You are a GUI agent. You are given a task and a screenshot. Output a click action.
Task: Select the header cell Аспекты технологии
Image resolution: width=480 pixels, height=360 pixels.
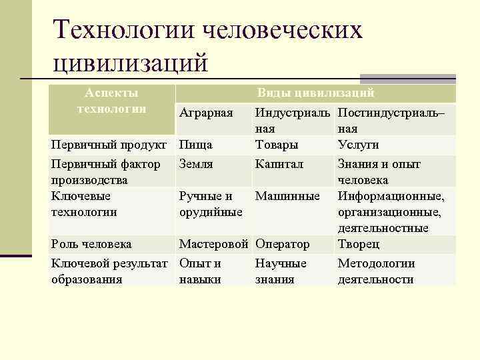(112, 101)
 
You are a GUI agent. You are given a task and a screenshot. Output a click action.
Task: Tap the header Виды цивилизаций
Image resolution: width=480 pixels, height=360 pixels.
(316, 93)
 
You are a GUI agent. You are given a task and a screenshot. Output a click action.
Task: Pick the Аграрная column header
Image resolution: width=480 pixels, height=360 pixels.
(206, 113)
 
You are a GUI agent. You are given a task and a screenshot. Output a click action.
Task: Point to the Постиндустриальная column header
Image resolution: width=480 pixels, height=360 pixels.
(391, 121)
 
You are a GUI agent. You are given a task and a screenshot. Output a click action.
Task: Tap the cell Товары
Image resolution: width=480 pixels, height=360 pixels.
(277, 145)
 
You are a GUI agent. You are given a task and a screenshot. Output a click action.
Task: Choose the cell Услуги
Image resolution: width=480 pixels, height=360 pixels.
(359, 145)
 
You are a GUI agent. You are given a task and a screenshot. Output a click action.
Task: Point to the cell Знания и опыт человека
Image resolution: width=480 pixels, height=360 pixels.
(379, 172)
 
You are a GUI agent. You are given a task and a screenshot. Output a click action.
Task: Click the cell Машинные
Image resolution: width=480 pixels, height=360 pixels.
(287, 196)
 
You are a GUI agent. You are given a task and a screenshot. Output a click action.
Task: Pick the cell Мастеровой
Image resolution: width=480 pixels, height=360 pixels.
(214, 245)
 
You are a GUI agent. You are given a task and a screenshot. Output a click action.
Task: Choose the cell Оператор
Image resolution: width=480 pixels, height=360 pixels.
(283, 245)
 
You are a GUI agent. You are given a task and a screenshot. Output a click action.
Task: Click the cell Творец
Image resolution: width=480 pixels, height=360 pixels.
(359, 245)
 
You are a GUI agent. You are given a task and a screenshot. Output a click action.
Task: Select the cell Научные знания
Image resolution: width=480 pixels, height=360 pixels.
(281, 271)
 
